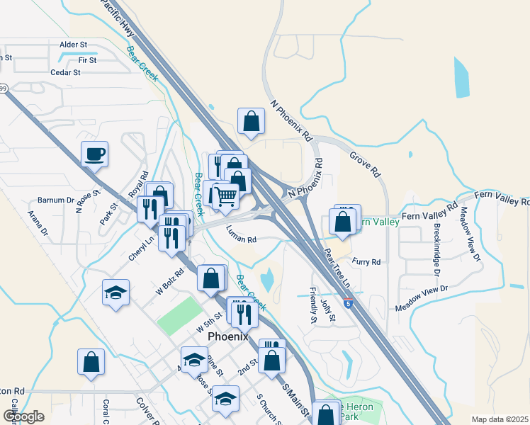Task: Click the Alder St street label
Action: pyautogui.click(x=73, y=45)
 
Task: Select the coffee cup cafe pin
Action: pyautogui.click(x=94, y=153)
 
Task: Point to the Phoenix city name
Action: pyautogui.click(x=227, y=336)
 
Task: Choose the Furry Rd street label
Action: pyautogui.click(x=366, y=262)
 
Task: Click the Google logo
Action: pyautogui.click(x=23, y=416)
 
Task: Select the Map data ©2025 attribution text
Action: pyautogui.click(x=499, y=419)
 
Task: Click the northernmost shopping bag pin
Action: pyautogui.click(x=251, y=121)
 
